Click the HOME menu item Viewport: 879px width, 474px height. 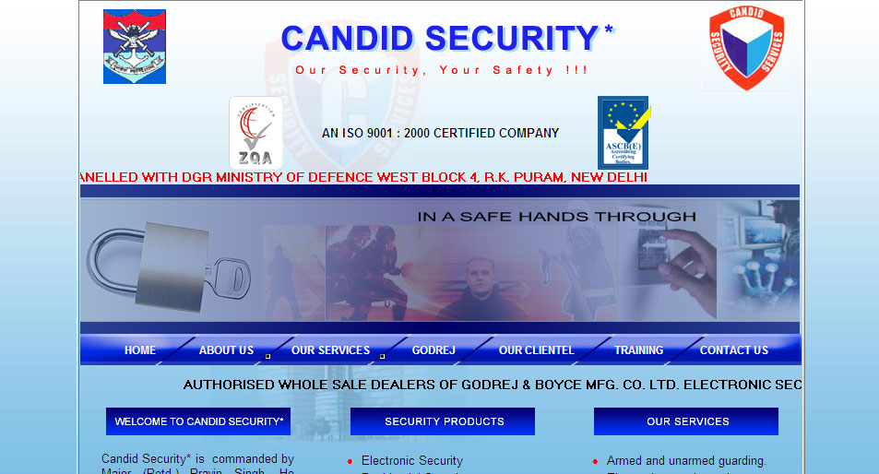pyautogui.click(x=140, y=350)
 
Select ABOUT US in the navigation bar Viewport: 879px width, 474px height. pyautogui.click(x=226, y=350)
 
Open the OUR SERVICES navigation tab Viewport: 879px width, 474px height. pyautogui.click(x=330, y=350)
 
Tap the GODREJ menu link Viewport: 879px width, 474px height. pyautogui.click(x=434, y=350)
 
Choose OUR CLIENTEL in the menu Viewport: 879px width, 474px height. pyautogui.click(x=536, y=350)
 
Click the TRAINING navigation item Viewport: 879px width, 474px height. pyautogui.click(x=639, y=350)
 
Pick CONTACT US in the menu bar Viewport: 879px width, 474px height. pyautogui.click(x=734, y=350)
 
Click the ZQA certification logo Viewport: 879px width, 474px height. pyautogui.click(x=255, y=133)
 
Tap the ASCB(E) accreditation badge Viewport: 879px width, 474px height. pyautogui.click(x=624, y=133)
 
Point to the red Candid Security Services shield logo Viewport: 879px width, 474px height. pyautogui.click(x=746, y=49)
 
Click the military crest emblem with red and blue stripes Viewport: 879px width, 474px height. pyautogui.click(x=135, y=46)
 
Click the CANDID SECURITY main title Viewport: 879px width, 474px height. pyautogui.click(x=441, y=39)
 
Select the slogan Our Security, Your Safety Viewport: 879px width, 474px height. pyautogui.click(x=442, y=70)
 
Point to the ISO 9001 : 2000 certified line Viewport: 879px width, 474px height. pyautogui.click(x=440, y=133)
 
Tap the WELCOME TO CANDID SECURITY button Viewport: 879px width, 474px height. pyautogui.click(x=198, y=421)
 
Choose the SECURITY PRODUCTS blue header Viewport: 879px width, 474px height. pyautogui.click(x=443, y=421)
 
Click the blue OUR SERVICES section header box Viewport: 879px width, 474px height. pyautogui.click(x=687, y=421)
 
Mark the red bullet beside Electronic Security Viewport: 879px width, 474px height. pyautogui.click(x=350, y=461)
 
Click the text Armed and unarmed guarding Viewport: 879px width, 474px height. pyautogui.click(x=686, y=461)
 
